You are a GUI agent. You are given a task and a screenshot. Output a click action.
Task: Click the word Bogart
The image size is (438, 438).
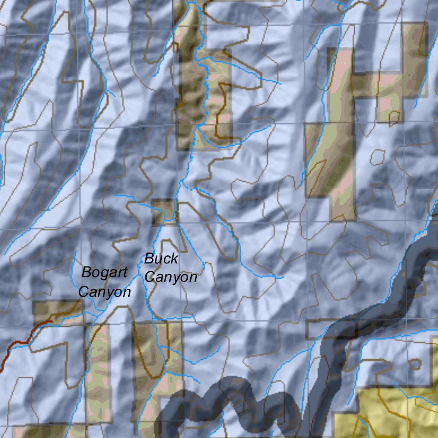[x=104, y=272]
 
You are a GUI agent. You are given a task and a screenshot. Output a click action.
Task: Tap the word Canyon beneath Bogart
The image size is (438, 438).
[x=105, y=292]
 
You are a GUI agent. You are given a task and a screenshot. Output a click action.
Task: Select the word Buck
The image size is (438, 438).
[x=161, y=259]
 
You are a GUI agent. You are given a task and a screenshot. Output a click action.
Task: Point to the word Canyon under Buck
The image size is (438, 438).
[x=171, y=277]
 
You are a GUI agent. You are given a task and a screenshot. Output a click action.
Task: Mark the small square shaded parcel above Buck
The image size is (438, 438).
[x=163, y=212]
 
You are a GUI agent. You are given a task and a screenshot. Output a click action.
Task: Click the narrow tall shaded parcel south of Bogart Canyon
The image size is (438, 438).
[x=98, y=372]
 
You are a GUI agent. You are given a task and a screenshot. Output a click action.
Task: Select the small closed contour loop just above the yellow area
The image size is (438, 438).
[x=414, y=364]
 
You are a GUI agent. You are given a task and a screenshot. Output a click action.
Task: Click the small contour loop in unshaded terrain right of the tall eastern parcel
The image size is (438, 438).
[x=377, y=157]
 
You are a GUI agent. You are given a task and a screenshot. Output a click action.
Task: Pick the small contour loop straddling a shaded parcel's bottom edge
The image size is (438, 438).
[x=395, y=117]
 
